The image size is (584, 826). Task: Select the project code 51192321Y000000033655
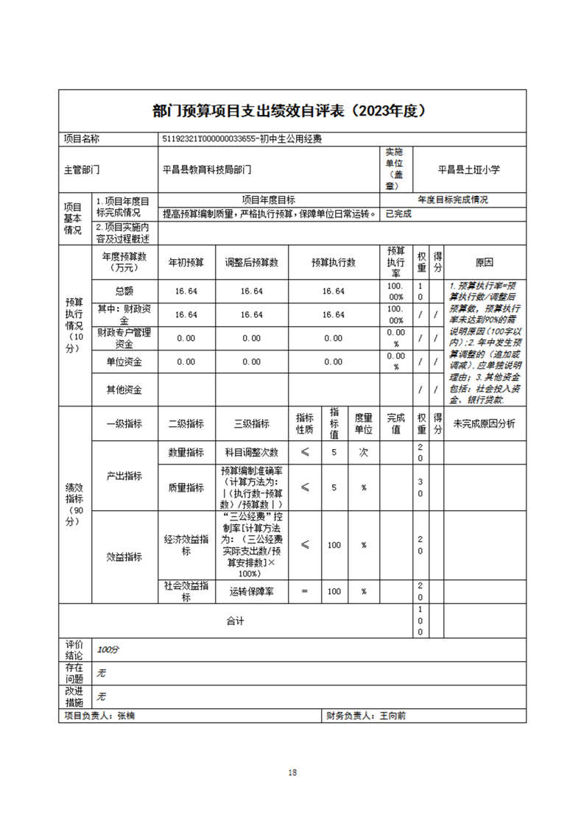pos(207,138)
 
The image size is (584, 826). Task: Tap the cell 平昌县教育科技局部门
pos(207,169)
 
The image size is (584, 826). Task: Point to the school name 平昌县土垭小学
pos(469,169)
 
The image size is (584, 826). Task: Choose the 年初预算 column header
pos(186,262)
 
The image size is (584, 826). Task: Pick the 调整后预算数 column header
pos(251,262)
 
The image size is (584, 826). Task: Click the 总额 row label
pos(124,292)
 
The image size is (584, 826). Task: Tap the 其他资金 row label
pos(124,389)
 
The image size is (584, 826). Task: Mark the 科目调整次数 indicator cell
pos(251,453)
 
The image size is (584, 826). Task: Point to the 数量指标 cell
pos(186,453)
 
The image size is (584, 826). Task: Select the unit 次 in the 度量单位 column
pos(363,453)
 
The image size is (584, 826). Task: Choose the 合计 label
pos(235,621)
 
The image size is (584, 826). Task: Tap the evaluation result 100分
pos(108,650)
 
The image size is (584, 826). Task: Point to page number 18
pos(292,772)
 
